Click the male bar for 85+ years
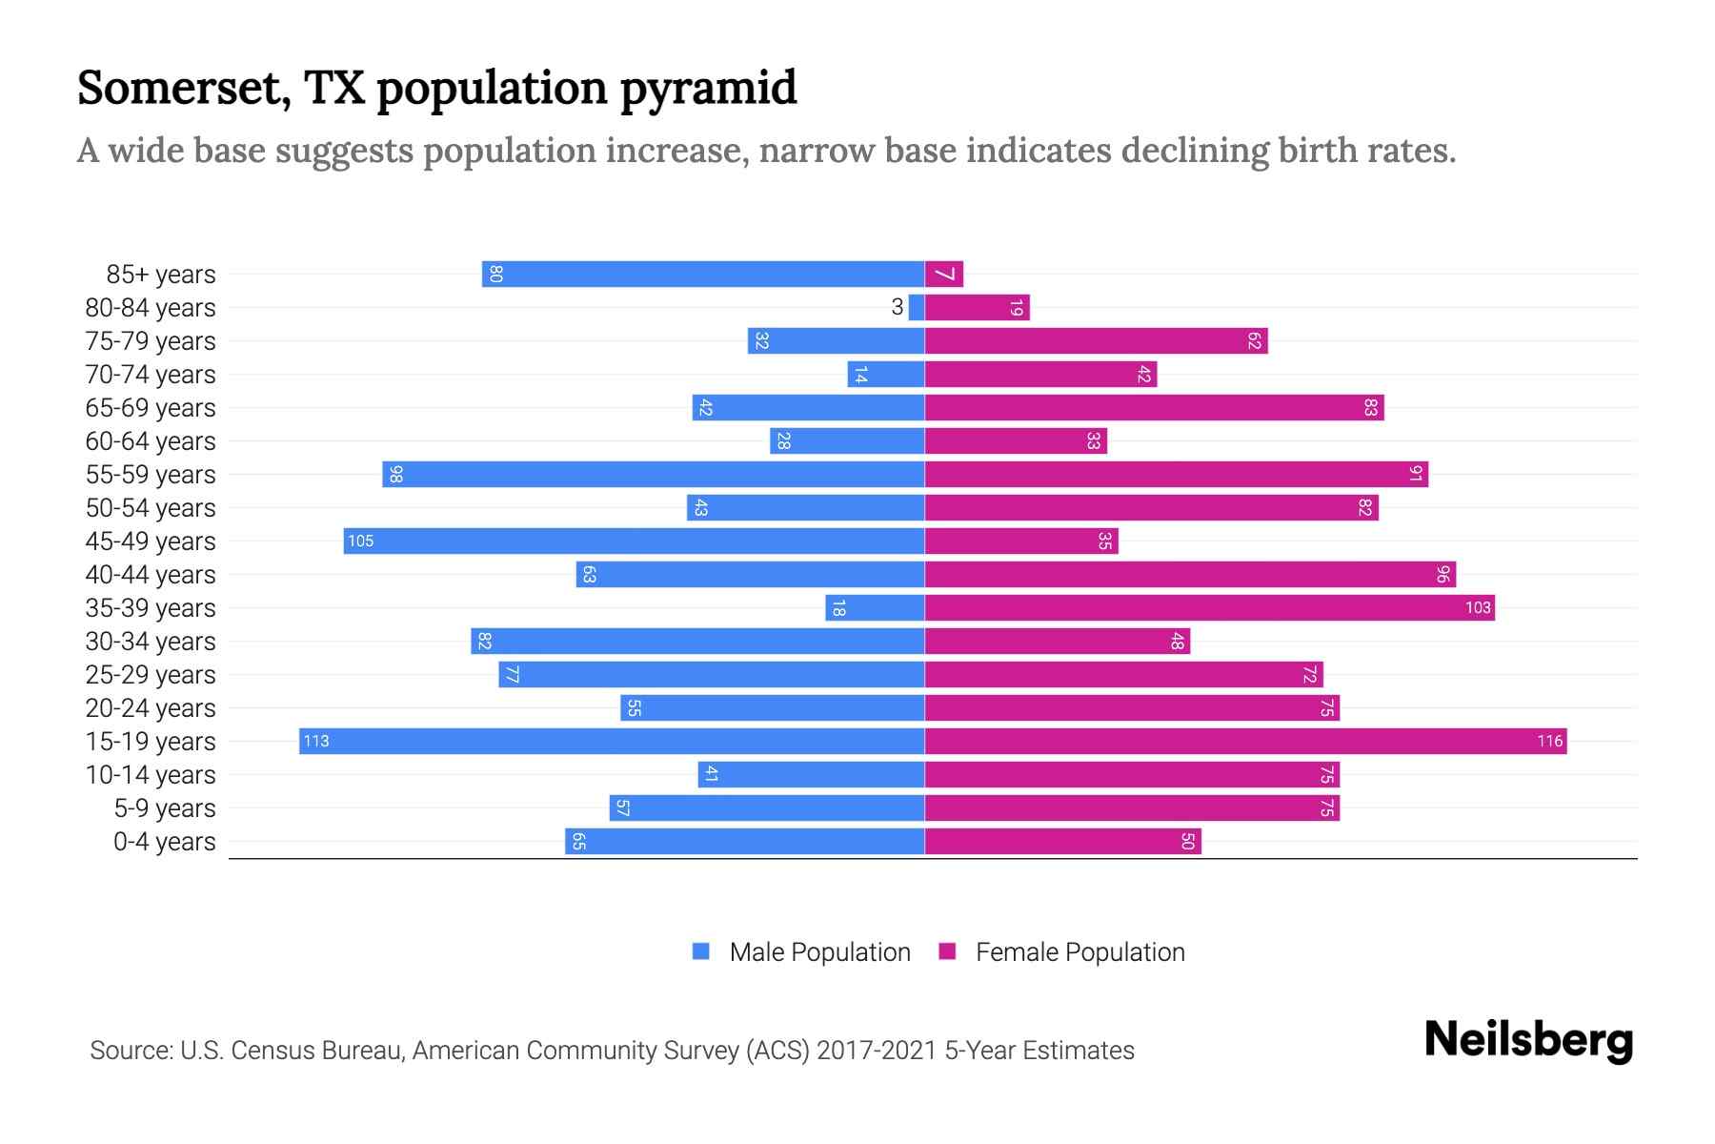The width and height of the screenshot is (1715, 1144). [703, 275]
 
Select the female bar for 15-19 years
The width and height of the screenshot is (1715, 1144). [1245, 742]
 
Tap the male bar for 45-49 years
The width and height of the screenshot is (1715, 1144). [634, 541]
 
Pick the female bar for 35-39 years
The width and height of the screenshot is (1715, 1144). [1209, 608]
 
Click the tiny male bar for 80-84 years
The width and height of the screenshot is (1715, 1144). [917, 308]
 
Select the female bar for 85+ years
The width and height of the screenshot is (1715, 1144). [944, 275]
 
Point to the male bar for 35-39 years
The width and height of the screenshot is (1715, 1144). [875, 608]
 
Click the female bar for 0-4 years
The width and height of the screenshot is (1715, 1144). [1062, 842]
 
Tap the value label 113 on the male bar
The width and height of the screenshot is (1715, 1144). [316, 742]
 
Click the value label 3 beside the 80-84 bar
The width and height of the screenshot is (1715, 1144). [897, 307]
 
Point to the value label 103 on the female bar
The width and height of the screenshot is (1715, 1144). [1477, 608]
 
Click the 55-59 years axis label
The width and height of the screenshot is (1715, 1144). [151, 475]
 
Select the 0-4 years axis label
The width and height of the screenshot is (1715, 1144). [164, 842]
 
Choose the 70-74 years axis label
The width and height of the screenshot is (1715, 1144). [151, 375]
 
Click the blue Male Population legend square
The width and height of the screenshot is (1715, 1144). [701, 951]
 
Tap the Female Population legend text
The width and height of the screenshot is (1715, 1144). [1079, 952]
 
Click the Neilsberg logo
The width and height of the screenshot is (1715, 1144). [1528, 1040]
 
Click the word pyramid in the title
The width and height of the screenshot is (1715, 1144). [708, 89]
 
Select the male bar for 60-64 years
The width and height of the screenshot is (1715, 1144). [847, 441]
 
